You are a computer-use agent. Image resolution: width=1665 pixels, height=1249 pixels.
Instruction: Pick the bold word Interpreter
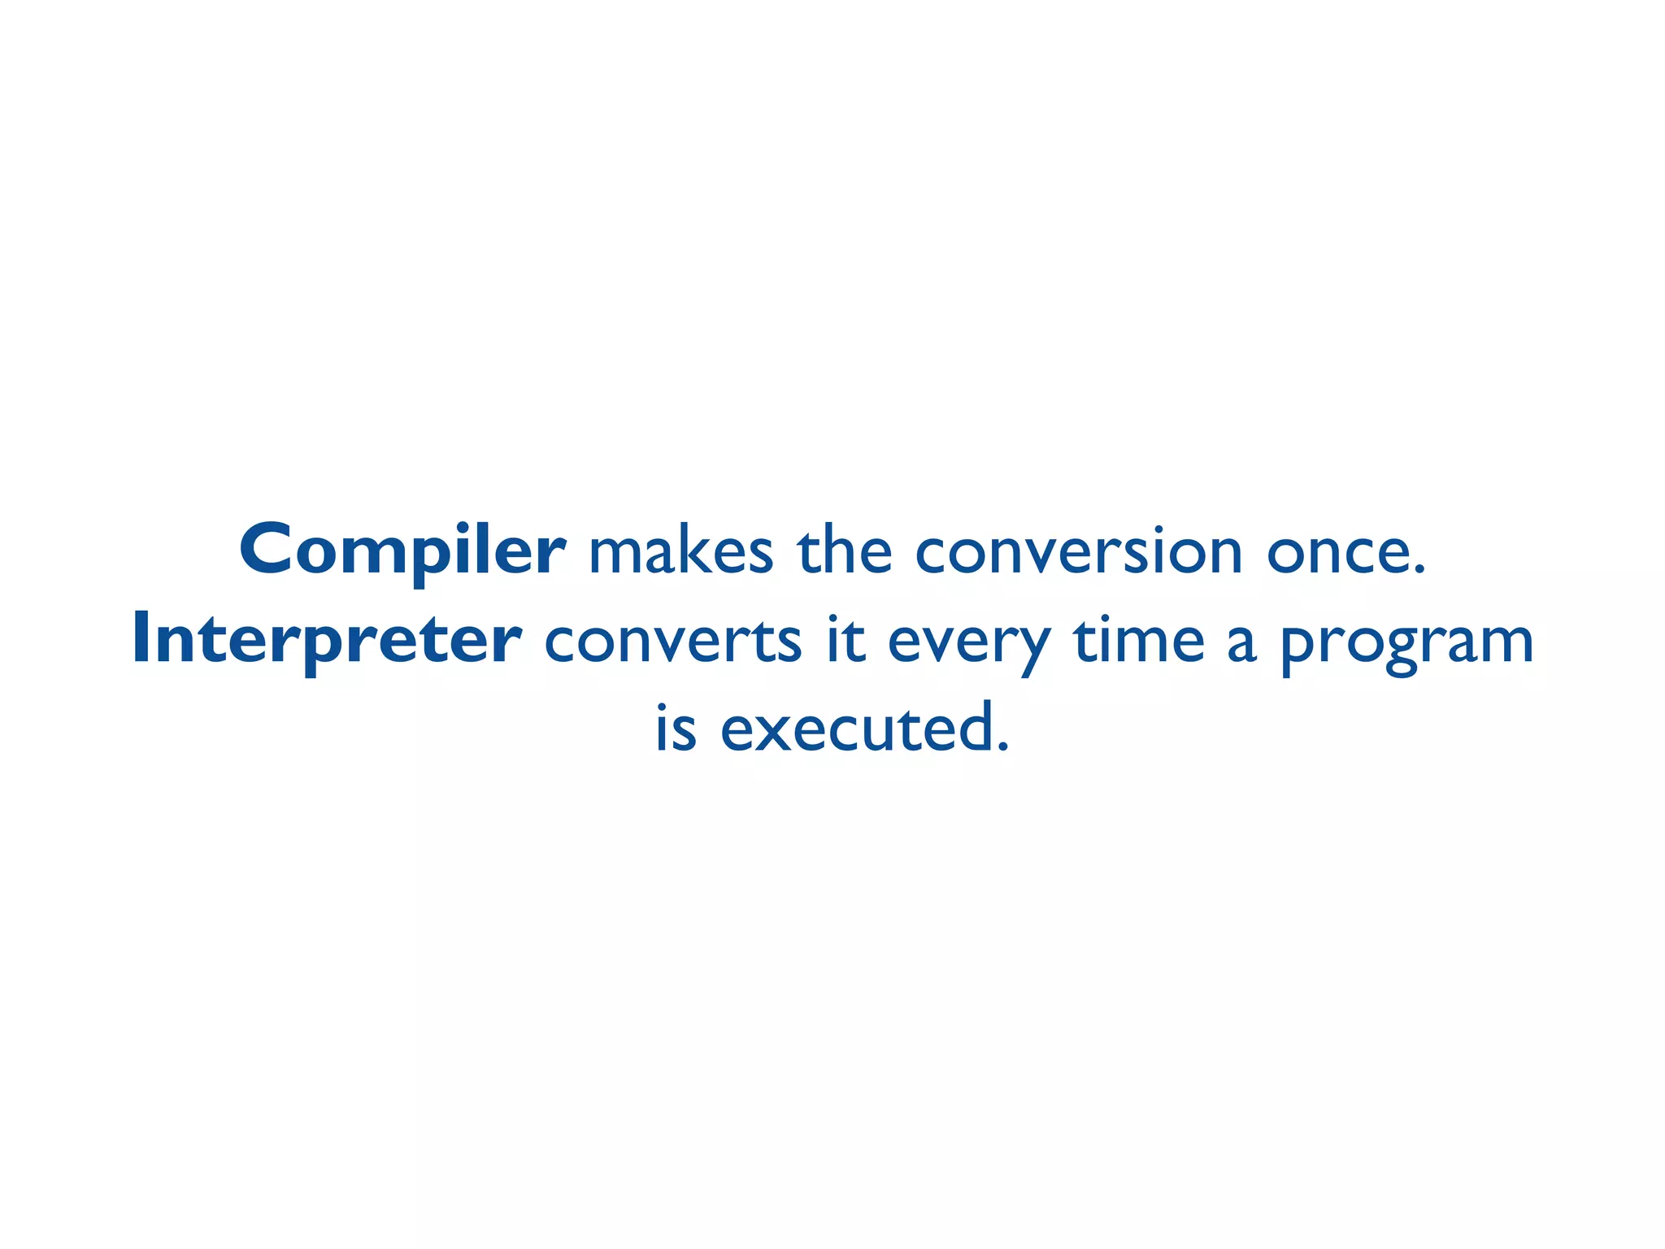click(x=327, y=641)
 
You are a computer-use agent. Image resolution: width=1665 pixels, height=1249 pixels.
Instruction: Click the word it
click(x=846, y=640)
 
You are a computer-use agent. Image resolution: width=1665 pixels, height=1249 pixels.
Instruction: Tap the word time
click(x=1138, y=641)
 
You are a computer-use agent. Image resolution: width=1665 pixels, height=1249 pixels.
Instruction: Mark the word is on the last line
click(x=676, y=729)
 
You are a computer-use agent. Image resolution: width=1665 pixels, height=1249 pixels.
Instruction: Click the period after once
click(x=1419, y=569)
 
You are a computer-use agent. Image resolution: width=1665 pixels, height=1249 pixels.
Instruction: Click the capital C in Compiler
click(x=268, y=550)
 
